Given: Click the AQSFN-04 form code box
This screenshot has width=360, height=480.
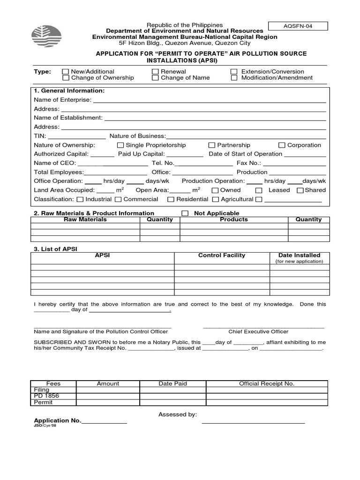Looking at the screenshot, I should click(x=298, y=26).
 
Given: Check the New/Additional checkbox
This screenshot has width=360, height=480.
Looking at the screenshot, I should click(x=66, y=72).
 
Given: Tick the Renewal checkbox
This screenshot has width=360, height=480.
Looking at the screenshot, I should click(x=155, y=72).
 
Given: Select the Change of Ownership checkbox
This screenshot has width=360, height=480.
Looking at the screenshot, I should click(x=66, y=78).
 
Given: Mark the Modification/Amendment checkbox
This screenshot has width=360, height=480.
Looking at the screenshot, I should click(x=234, y=78).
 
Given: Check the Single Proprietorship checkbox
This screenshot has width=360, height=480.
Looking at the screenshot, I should click(x=120, y=145).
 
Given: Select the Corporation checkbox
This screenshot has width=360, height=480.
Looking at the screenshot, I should click(x=282, y=145).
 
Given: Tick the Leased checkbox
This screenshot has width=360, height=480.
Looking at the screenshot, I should click(x=259, y=190).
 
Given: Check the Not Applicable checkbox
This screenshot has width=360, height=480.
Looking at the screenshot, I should click(x=185, y=213).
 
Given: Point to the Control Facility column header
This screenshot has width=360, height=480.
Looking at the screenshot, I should click(x=222, y=255).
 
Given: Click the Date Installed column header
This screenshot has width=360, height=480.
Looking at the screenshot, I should click(x=299, y=255).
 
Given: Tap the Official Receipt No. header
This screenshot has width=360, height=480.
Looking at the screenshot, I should click(x=267, y=383).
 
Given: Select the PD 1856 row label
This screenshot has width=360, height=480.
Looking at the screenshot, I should click(x=47, y=396).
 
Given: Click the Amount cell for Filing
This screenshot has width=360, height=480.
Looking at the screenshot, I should click(x=108, y=390).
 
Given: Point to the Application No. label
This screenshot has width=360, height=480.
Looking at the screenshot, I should click(x=57, y=420).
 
